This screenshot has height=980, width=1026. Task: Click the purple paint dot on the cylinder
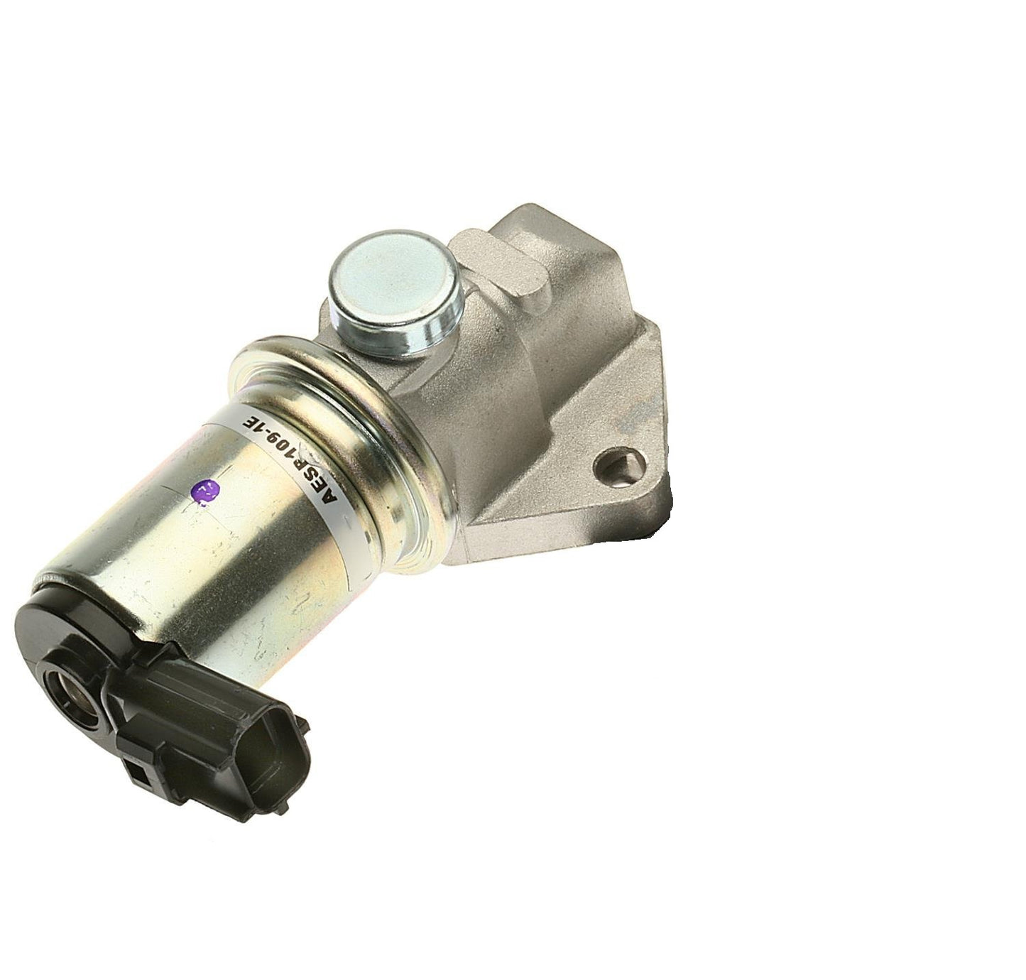203,491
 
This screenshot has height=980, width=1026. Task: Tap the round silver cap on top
395,296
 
